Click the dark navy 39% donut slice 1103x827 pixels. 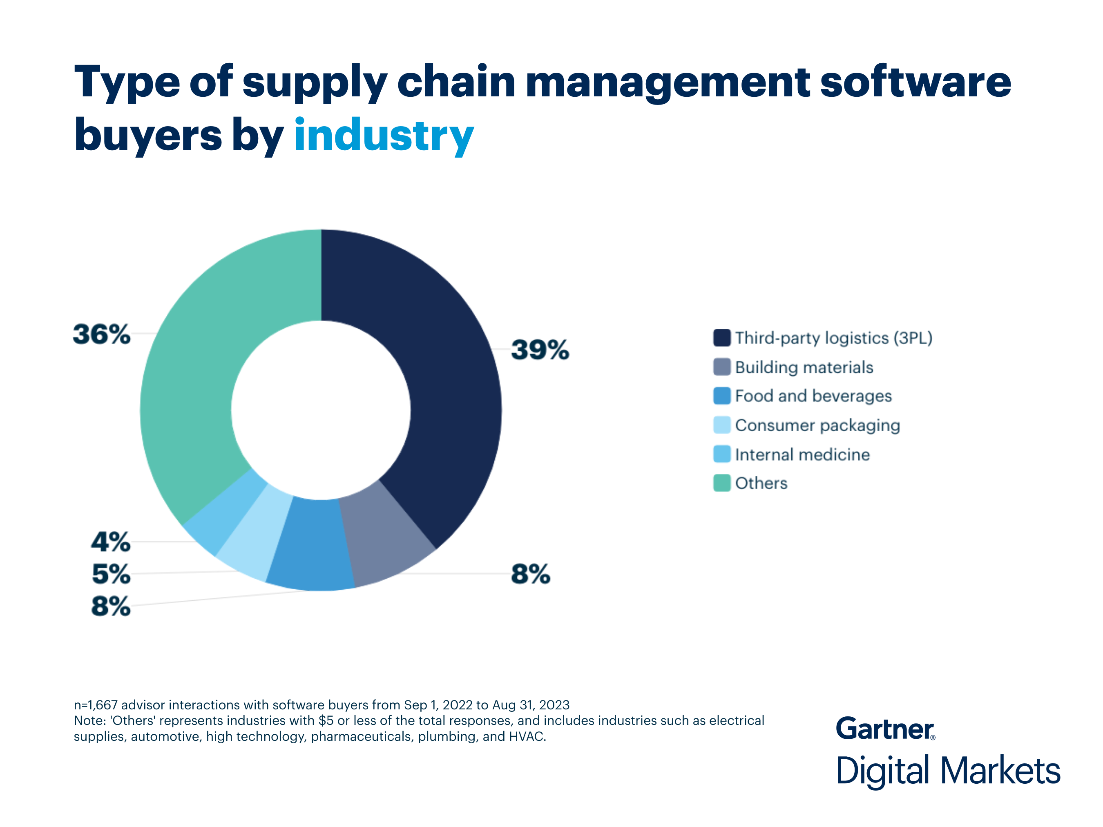(x=449, y=379)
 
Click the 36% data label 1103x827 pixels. (x=102, y=334)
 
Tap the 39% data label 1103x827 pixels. (x=540, y=350)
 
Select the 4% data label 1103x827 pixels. (x=110, y=542)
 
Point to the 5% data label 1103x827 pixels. (x=111, y=574)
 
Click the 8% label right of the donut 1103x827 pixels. (x=530, y=574)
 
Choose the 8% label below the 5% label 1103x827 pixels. (x=110, y=606)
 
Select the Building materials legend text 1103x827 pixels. (x=804, y=368)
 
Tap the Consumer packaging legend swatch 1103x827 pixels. (x=721, y=425)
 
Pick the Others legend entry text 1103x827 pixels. (x=761, y=484)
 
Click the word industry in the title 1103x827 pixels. (x=384, y=136)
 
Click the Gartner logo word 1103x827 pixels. (x=884, y=729)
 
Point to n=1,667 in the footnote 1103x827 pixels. (x=96, y=705)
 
